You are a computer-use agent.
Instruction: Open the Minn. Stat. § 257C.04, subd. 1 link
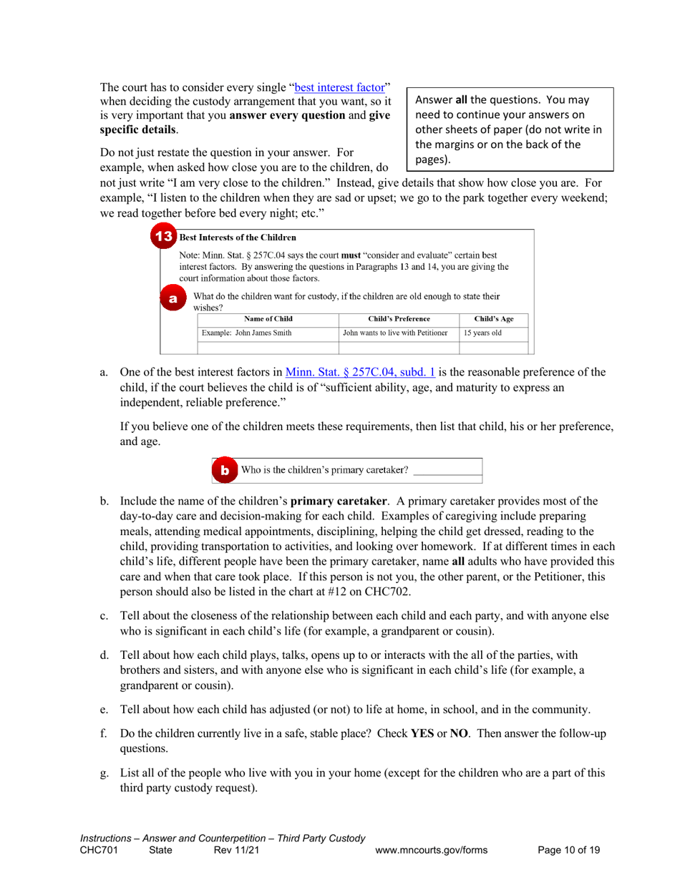tap(361, 372)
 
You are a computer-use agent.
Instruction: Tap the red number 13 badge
tap(164, 237)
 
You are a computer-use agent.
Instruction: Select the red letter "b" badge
tap(224, 470)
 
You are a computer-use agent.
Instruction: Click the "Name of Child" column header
tap(268, 318)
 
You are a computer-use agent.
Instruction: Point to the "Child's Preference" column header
tap(397, 318)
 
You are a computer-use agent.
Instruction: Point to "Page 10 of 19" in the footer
tap(568, 850)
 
